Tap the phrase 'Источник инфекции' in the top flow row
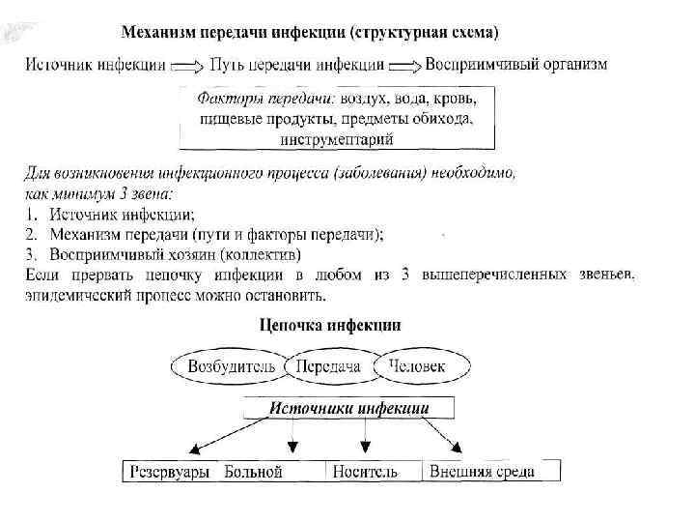point(93,65)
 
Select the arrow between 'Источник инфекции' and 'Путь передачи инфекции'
point(185,66)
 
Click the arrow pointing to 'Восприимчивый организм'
point(409,66)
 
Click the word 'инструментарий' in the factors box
point(337,139)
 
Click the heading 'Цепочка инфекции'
point(331,325)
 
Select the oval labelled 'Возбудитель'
point(230,366)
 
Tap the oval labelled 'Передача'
point(328,366)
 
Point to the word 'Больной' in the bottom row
point(253,472)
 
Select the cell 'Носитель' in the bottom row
point(365,472)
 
